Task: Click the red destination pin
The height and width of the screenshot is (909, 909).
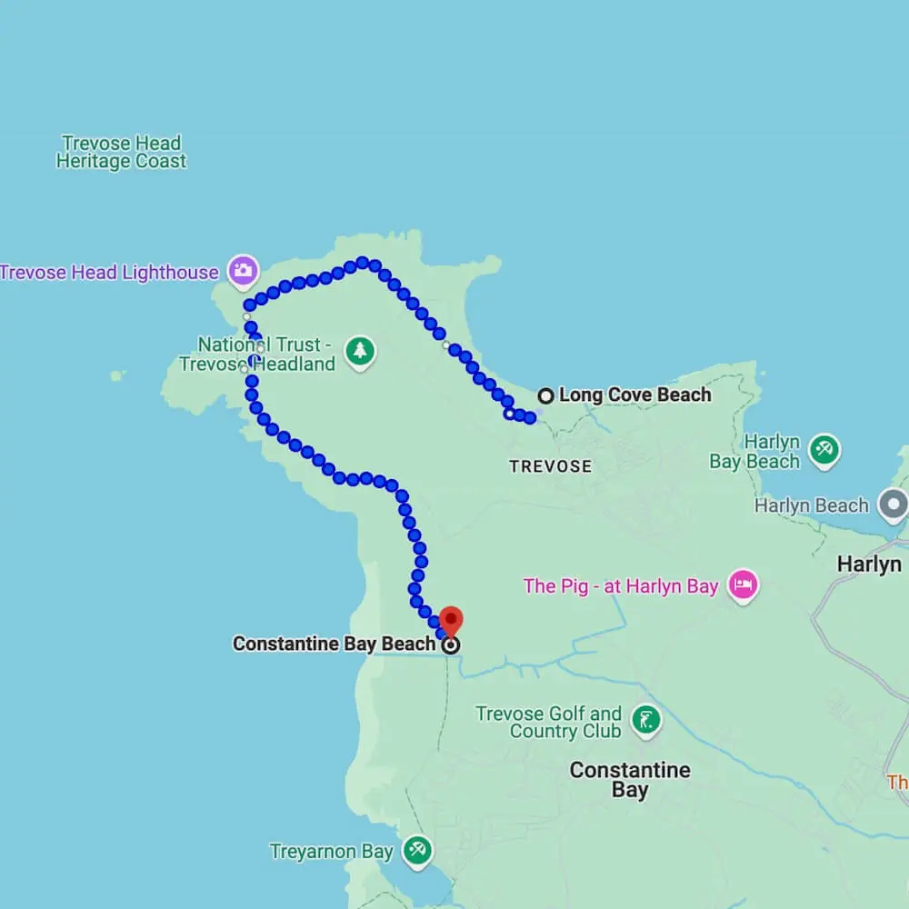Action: coord(451,621)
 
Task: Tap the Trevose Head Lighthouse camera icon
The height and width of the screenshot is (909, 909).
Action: coord(243,270)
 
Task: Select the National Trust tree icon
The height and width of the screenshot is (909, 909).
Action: coord(361,351)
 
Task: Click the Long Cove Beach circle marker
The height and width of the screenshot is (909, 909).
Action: coord(545,395)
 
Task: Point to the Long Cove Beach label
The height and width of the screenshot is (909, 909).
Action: coord(634,395)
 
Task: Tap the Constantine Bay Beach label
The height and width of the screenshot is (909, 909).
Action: coord(334,644)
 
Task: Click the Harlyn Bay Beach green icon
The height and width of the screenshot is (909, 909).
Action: coord(824,450)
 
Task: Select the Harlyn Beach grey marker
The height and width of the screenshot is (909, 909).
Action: coord(894,504)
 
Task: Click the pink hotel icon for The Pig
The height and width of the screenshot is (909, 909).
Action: coord(744,586)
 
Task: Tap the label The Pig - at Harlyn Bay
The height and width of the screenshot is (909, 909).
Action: coord(621,586)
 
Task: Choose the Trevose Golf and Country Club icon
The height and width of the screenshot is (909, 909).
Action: coord(646,722)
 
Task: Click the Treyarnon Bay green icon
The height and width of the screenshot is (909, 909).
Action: coord(417,851)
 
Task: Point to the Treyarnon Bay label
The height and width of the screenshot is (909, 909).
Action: coord(331,852)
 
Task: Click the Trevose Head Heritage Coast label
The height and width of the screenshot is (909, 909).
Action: coord(121,152)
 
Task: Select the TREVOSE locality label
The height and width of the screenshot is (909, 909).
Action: coord(550,466)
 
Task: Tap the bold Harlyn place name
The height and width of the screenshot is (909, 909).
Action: coord(869,564)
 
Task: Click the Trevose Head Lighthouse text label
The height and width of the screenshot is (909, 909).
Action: coord(109,272)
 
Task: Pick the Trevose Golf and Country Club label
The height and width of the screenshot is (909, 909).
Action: coord(549,723)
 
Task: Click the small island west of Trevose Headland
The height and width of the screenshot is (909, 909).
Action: coord(116,375)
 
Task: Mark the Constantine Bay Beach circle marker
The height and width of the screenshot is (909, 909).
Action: coord(451,645)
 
